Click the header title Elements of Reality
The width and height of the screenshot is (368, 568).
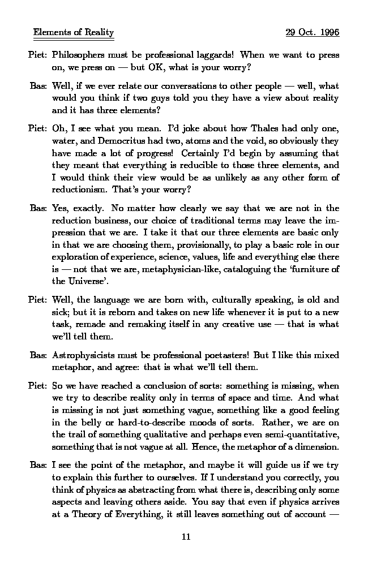pyautogui.click(x=74, y=32)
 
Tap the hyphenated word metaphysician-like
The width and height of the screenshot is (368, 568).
pyautogui.click(x=199, y=269)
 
